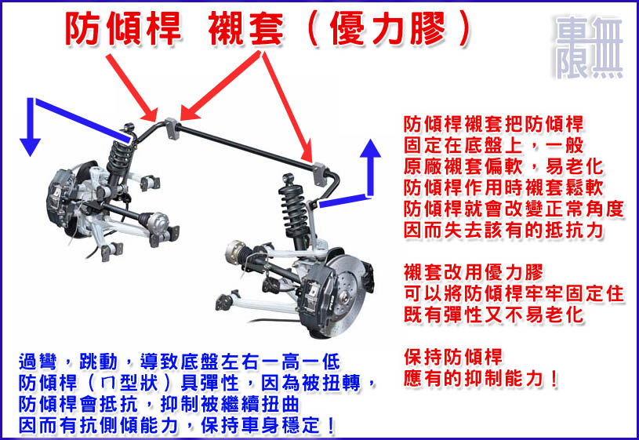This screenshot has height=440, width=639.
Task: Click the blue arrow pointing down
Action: (30, 126)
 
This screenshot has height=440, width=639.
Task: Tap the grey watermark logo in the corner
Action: (589, 48)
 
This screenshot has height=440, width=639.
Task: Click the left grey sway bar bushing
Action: (172, 129)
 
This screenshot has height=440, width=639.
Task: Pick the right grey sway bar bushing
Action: (320, 175)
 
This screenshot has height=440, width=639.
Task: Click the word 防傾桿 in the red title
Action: (122, 28)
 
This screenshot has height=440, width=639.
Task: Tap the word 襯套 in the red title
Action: (245, 28)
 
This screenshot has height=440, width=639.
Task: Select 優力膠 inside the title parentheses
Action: (387, 28)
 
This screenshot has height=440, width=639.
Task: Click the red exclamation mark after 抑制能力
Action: (553, 379)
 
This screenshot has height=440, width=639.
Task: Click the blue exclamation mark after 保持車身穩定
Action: (331, 426)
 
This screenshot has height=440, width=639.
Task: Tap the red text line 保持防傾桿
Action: (452, 357)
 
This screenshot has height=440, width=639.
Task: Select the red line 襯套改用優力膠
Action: (473, 272)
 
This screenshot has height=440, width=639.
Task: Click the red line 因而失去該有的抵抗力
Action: (503, 230)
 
